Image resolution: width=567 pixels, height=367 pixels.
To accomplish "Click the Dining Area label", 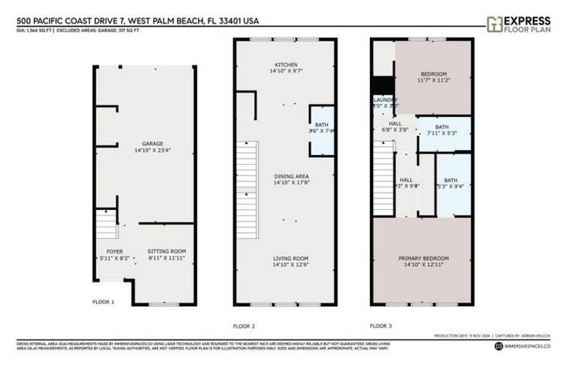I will pyautogui.click(x=287, y=180).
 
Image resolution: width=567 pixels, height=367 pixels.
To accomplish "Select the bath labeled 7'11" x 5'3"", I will pyautogui.click(x=442, y=131).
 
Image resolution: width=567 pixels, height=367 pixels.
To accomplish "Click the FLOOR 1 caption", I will pyautogui.click(x=103, y=302).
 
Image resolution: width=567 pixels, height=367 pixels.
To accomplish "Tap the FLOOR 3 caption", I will pyautogui.click(x=381, y=325).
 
